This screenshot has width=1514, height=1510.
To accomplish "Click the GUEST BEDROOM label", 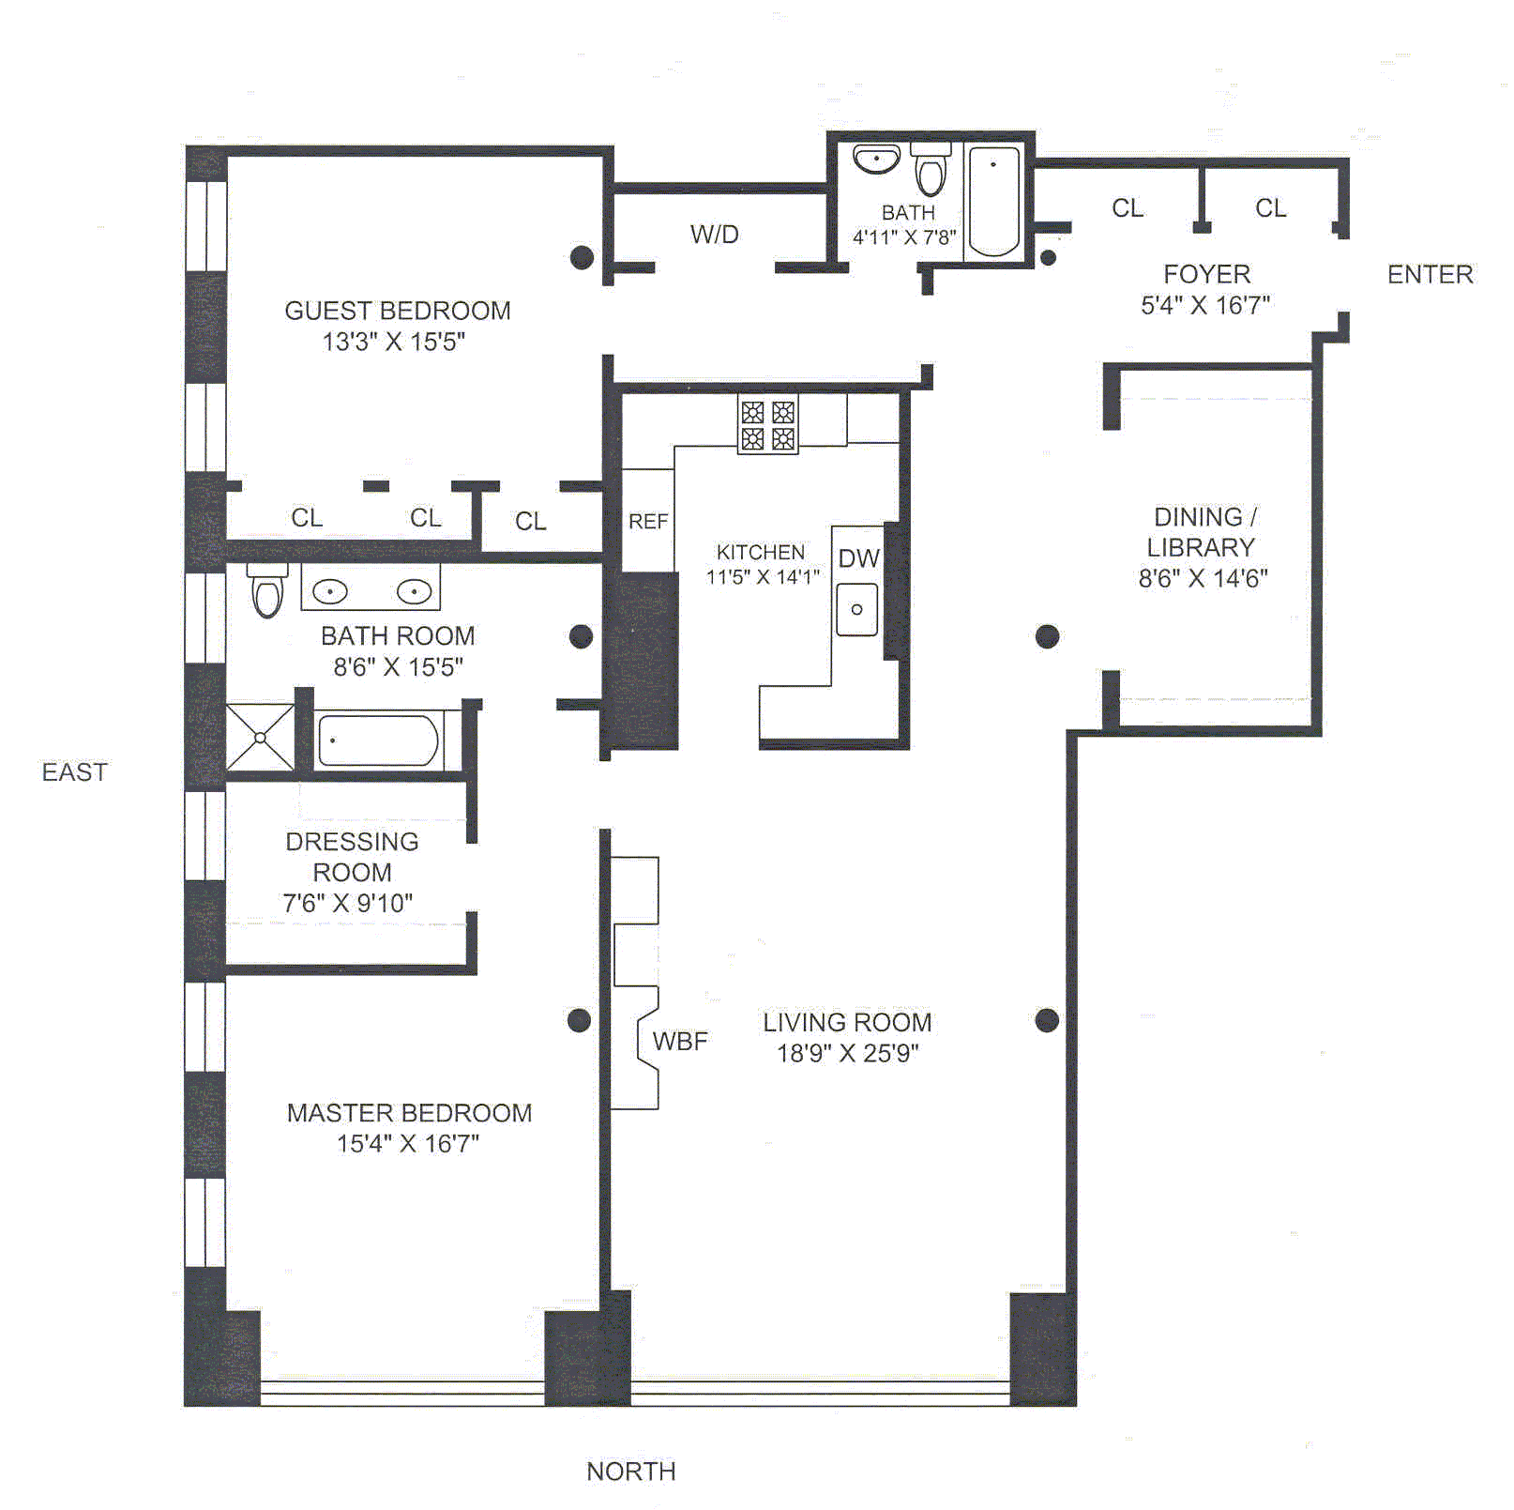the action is pyautogui.click(x=398, y=311).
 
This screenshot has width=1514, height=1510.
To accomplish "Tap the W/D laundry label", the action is pyautogui.click(x=715, y=235).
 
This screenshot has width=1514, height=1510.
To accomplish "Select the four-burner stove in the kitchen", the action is pyautogui.click(x=768, y=425).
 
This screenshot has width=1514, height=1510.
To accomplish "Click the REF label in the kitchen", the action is pyautogui.click(x=648, y=522).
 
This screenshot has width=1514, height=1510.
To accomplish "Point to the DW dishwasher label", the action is pyautogui.click(x=859, y=559).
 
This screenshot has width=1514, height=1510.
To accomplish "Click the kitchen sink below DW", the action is pyautogui.click(x=857, y=609).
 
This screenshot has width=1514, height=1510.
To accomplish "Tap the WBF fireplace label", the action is pyautogui.click(x=680, y=1041).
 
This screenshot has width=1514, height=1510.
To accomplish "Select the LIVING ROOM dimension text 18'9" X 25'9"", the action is pyautogui.click(x=848, y=1054).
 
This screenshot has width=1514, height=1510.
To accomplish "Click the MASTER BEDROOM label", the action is pyautogui.click(x=409, y=1113).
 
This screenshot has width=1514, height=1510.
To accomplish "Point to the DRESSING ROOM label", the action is pyautogui.click(x=352, y=857).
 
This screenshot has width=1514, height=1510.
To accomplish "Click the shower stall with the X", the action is pyautogui.click(x=260, y=738).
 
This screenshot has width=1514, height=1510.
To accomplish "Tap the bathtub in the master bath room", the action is pyautogui.click(x=378, y=740).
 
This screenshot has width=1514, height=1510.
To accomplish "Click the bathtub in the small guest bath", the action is pyautogui.click(x=993, y=201).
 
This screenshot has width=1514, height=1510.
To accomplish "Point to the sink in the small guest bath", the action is pyautogui.click(x=877, y=159).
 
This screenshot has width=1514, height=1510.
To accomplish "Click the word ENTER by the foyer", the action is pyautogui.click(x=1431, y=275).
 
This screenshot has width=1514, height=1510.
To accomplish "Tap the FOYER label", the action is pyautogui.click(x=1206, y=274).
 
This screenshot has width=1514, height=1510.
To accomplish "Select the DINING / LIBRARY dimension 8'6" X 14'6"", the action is pyautogui.click(x=1204, y=579).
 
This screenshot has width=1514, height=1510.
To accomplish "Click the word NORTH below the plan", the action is pyautogui.click(x=631, y=1472).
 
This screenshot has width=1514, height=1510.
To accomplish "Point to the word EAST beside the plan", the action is pyautogui.click(x=75, y=772).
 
